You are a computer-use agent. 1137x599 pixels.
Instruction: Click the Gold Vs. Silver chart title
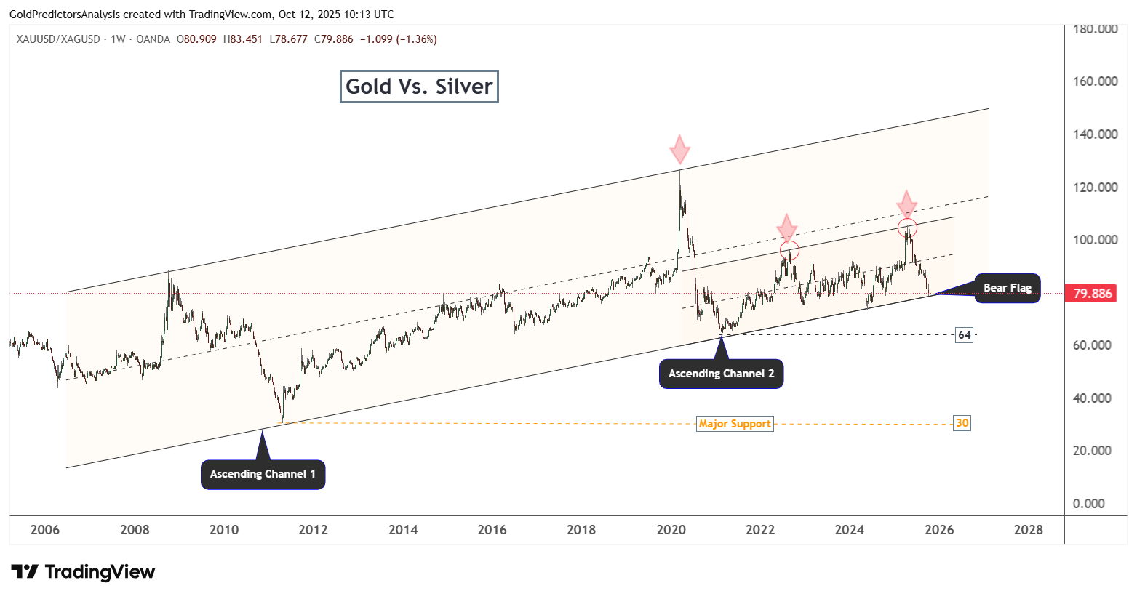click(419, 87)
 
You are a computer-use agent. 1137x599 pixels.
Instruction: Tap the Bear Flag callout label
click(1007, 288)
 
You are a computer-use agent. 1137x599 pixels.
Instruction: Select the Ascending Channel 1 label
click(263, 474)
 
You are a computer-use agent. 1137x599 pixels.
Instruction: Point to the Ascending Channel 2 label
click(721, 374)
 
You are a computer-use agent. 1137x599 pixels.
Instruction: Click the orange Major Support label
click(735, 424)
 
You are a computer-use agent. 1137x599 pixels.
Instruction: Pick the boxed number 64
click(964, 334)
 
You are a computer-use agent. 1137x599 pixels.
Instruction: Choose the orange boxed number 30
click(962, 423)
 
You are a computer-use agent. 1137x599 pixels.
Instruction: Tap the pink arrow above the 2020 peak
click(679, 149)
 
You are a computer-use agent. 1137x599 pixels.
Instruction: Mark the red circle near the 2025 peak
click(908, 218)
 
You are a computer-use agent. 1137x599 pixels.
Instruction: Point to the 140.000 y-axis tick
click(1095, 134)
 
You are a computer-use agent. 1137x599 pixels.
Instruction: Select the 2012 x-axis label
click(313, 530)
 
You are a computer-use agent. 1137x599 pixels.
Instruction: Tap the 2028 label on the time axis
click(1028, 530)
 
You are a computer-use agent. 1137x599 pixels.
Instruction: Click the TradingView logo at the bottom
click(83, 571)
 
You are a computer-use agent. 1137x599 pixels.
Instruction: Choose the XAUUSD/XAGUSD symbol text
click(58, 39)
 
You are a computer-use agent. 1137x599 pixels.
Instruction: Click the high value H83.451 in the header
click(243, 39)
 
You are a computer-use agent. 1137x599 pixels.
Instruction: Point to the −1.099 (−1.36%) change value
click(399, 39)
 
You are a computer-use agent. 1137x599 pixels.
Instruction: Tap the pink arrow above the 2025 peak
click(906, 204)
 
